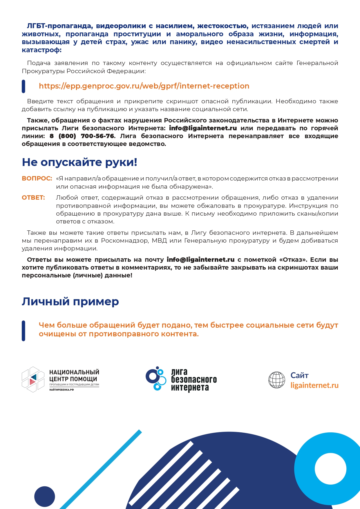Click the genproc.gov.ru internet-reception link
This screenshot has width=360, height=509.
point(144,86)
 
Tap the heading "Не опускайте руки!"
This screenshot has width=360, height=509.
point(79,162)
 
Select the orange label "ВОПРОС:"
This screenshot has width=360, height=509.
point(37,178)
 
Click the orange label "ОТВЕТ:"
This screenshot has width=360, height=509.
point(33,198)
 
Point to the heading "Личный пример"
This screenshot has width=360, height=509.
point(70,302)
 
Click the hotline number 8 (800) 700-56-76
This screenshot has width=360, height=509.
point(82,136)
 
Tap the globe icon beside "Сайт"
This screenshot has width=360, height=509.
point(277,380)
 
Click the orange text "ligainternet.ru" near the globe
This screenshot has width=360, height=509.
point(314,385)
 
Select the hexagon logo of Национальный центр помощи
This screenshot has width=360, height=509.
point(33,379)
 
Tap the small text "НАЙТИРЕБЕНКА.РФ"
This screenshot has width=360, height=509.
point(61,390)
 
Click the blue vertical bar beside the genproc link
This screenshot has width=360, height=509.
point(23,86)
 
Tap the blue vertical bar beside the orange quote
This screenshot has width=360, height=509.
point(23,331)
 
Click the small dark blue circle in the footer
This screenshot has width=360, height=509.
point(45,497)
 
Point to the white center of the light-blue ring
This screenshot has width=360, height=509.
point(330,469)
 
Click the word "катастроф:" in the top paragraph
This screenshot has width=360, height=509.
point(42,50)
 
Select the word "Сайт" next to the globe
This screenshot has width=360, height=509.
point(299,376)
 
